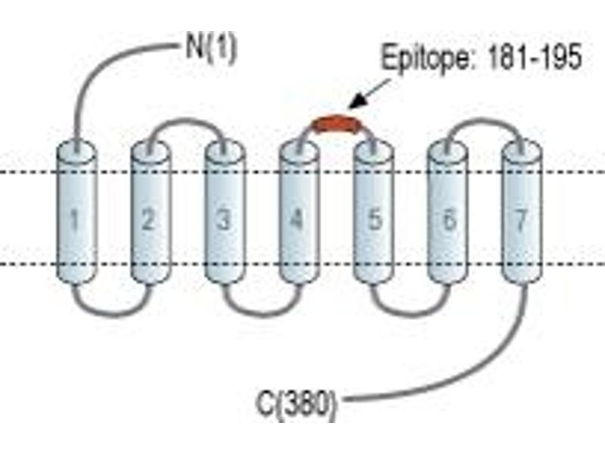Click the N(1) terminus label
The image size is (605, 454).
coord(210,50)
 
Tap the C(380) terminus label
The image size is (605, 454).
coord(296,404)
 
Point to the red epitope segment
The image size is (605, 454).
coord(337,123)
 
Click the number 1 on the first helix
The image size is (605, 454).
coord(75,220)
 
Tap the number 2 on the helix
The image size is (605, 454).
coord(147,219)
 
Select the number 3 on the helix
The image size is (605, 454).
coord(223,219)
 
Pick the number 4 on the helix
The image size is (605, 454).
coord(296,219)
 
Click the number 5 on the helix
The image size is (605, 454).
coord(374,219)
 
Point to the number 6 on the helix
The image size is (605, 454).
coord(448,219)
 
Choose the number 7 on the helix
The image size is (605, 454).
coord(521,220)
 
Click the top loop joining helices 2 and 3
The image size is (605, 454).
coord(186,120)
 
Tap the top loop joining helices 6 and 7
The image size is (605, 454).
coord(485,120)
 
